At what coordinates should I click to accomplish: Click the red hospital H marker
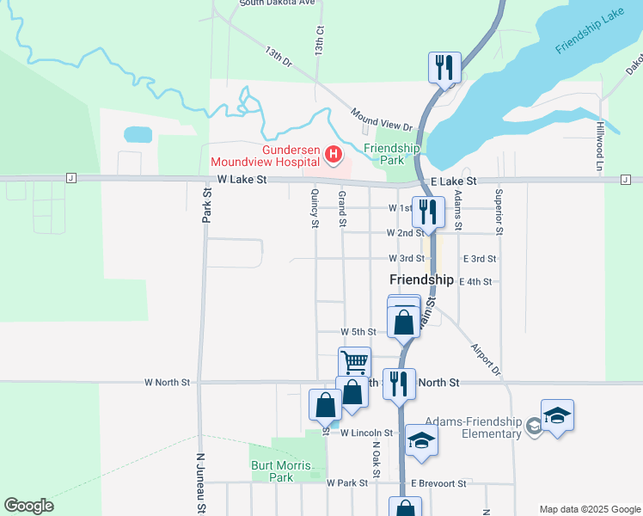click(334, 156)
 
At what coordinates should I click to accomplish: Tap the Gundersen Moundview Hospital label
click(266, 156)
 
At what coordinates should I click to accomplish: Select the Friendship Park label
click(391, 154)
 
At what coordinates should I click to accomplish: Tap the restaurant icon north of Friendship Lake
click(444, 66)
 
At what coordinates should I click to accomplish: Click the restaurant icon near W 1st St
click(428, 212)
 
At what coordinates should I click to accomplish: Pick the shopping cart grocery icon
click(354, 361)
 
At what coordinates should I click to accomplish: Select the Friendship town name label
click(421, 279)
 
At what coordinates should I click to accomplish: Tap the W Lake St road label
click(242, 180)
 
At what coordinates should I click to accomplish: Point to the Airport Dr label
click(484, 359)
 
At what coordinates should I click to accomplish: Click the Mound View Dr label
click(382, 119)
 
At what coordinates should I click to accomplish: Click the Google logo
click(28, 506)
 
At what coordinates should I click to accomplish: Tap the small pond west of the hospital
click(138, 134)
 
